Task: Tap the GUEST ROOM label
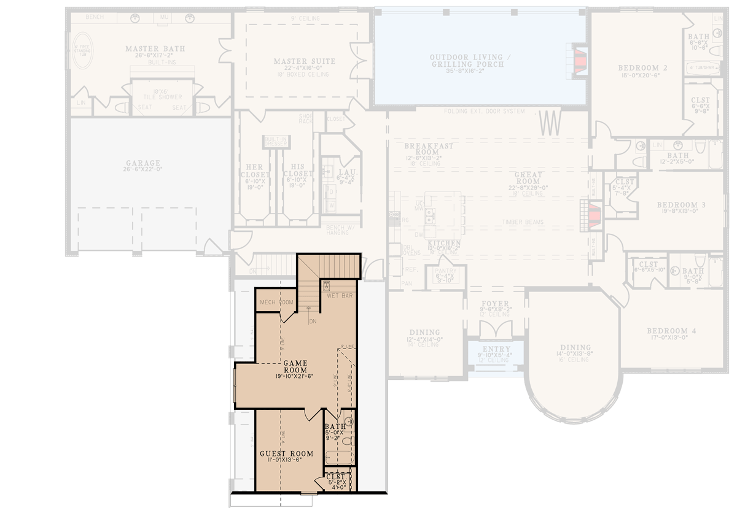[286, 454]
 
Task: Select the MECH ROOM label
[276, 302]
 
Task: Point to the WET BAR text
[340, 296]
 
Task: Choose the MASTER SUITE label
[305, 61]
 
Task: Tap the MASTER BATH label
[155, 49]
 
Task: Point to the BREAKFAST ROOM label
[429, 149]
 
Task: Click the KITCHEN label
[445, 244]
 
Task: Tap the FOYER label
[495, 304]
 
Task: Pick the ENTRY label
[496, 350]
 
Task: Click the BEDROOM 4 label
[671, 331]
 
